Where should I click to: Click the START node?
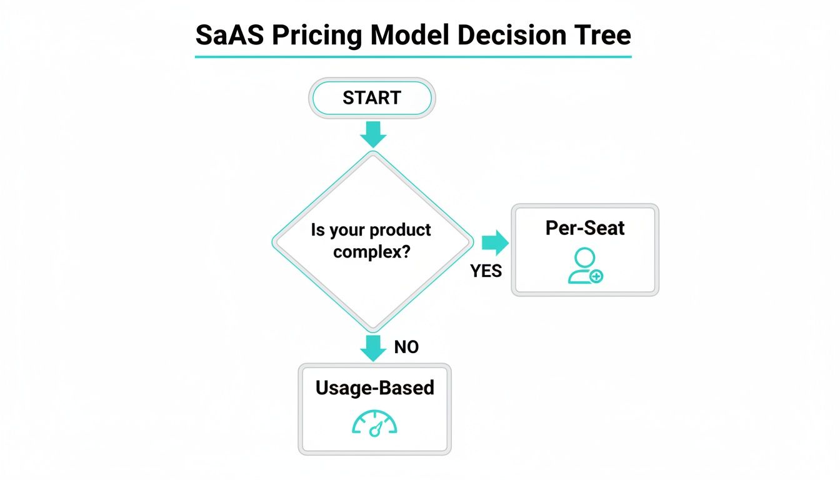[x=372, y=98]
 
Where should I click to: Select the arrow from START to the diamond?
[x=373, y=133]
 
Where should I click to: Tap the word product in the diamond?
[x=400, y=230]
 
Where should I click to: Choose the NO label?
[x=406, y=347]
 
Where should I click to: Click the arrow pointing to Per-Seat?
[x=496, y=243]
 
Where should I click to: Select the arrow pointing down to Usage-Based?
[x=373, y=347]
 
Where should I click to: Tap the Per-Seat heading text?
[x=584, y=228]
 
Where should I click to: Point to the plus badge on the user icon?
[x=596, y=276]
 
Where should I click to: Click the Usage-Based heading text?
[x=374, y=387]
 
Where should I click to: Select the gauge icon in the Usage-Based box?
[x=374, y=423]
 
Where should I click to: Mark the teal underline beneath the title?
[x=413, y=57]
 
